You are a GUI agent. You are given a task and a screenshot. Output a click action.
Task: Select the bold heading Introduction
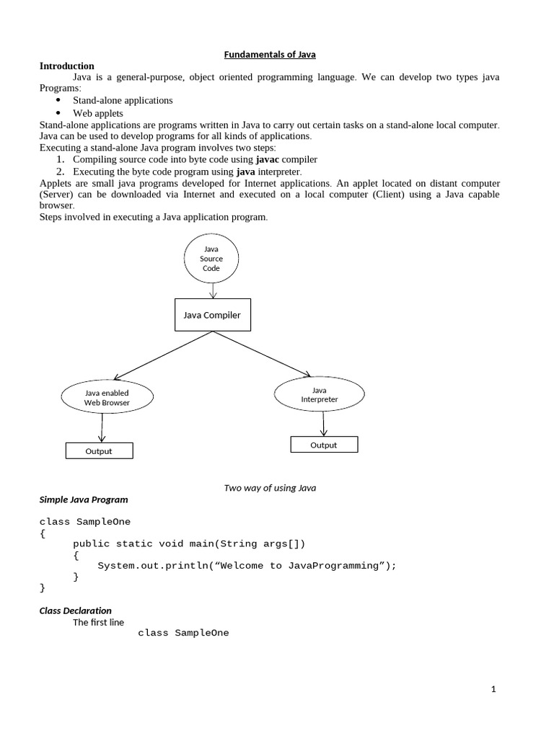coord(66,66)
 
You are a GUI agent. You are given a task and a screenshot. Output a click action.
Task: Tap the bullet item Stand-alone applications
coord(123,100)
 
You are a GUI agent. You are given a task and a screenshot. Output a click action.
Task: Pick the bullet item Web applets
coord(98,113)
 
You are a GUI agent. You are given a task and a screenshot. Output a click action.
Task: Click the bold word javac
coord(268,159)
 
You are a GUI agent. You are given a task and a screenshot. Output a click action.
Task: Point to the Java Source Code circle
coord(211,259)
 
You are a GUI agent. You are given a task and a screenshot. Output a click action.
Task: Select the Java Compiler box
coord(212,315)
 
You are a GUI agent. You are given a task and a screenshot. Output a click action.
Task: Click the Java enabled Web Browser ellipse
coord(107,398)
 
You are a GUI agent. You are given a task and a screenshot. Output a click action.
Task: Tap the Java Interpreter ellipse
coord(319,394)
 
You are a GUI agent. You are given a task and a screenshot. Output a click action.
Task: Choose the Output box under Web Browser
coord(99,451)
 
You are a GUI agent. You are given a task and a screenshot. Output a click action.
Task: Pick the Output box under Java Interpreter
coord(324,445)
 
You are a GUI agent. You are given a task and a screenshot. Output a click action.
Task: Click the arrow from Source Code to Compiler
coord(212,290)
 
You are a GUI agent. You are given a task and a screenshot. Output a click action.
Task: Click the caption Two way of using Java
coord(270,488)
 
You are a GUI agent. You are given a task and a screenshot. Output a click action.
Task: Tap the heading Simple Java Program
coord(84,499)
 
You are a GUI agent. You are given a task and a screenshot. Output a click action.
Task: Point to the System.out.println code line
coord(247,566)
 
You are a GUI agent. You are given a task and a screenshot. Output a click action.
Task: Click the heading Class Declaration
coord(75,610)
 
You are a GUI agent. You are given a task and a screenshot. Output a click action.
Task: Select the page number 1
coord(493,689)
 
